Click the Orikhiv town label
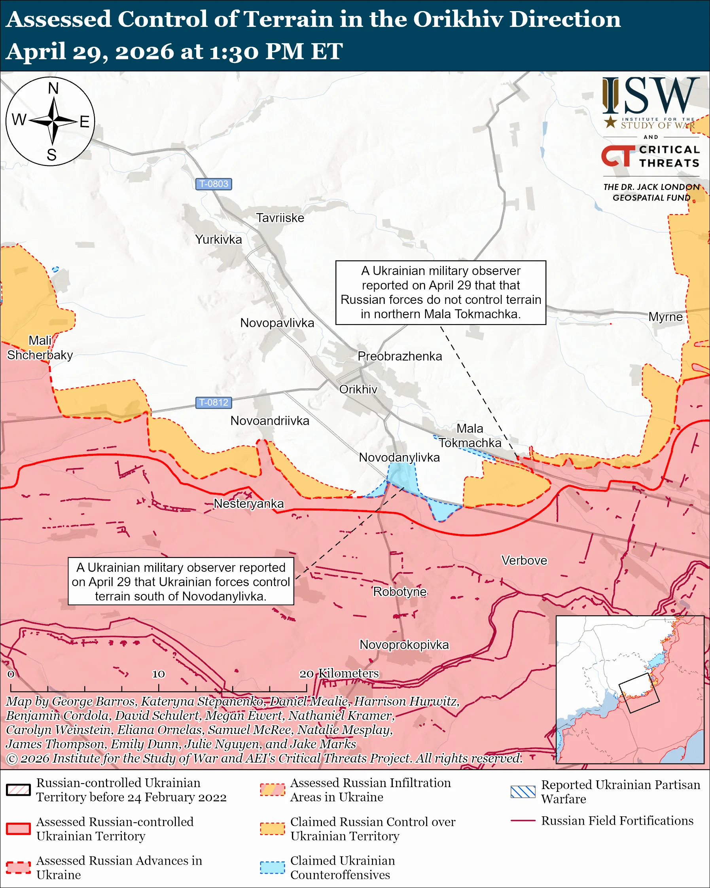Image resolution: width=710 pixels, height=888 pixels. click(358, 389)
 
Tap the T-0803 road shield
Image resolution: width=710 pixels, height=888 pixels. click(213, 184)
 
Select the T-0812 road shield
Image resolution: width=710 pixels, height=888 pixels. click(213, 402)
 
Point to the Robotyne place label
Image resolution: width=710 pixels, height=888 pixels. click(399, 592)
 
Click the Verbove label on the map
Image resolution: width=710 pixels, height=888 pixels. click(524, 560)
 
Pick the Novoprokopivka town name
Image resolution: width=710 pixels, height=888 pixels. click(404, 645)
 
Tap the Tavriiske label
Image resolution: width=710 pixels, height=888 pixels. click(280, 218)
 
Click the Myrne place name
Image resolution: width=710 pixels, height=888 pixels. click(665, 317)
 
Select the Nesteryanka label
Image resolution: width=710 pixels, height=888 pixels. click(249, 503)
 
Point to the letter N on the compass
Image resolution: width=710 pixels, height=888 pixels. click(53, 88)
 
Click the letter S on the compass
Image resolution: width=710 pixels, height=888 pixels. click(51, 155)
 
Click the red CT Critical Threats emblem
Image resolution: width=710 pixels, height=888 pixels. click(617, 156)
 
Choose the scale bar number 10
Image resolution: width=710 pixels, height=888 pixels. click(159, 674)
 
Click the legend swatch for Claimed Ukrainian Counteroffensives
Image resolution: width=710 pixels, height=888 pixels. click(272, 867)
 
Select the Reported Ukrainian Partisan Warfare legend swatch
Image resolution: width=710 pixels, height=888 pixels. click(523, 791)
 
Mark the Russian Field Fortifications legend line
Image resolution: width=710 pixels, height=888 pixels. click(523, 821)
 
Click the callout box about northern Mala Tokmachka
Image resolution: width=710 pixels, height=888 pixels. click(440, 292)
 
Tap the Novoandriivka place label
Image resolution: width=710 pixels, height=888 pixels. click(270, 421)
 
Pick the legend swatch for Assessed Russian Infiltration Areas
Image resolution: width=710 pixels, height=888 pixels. click(272, 789)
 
